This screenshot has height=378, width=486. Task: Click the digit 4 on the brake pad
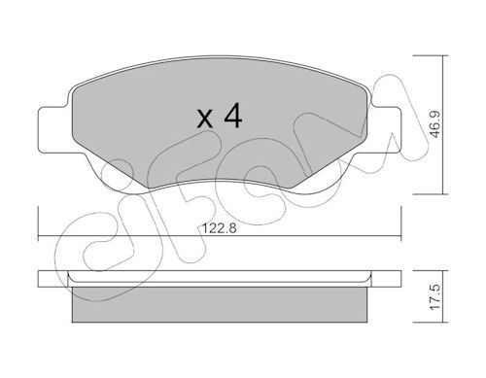click(x=231, y=119)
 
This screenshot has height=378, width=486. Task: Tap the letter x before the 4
click(x=205, y=121)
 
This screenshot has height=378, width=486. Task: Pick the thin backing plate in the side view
click(x=222, y=280)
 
